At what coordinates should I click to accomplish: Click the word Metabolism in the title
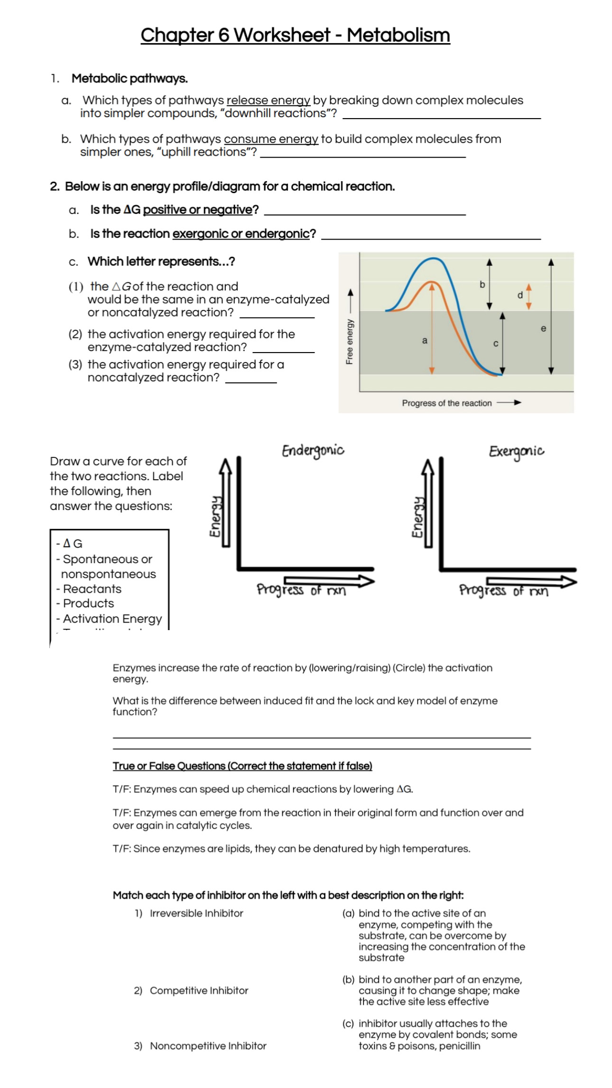(398, 35)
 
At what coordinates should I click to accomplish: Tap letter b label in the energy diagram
(482, 285)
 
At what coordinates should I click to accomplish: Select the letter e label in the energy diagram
(543, 328)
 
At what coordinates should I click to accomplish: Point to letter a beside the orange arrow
(425, 340)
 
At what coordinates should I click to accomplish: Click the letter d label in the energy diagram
(520, 295)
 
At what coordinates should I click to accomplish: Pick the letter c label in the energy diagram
(496, 344)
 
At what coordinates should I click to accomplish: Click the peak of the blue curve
(433, 259)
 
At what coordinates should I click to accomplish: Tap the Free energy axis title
(350, 341)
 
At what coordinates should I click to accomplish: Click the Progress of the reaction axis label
(446, 403)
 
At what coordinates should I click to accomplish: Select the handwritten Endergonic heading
(313, 451)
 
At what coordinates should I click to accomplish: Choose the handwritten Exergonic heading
(516, 451)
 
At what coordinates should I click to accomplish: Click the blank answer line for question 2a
(364, 212)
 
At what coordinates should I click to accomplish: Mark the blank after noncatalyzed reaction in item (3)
(250, 380)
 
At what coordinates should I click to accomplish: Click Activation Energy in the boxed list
(112, 619)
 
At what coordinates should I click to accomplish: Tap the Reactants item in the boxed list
(92, 589)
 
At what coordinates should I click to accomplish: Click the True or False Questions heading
(242, 766)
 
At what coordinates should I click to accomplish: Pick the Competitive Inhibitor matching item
(199, 990)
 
